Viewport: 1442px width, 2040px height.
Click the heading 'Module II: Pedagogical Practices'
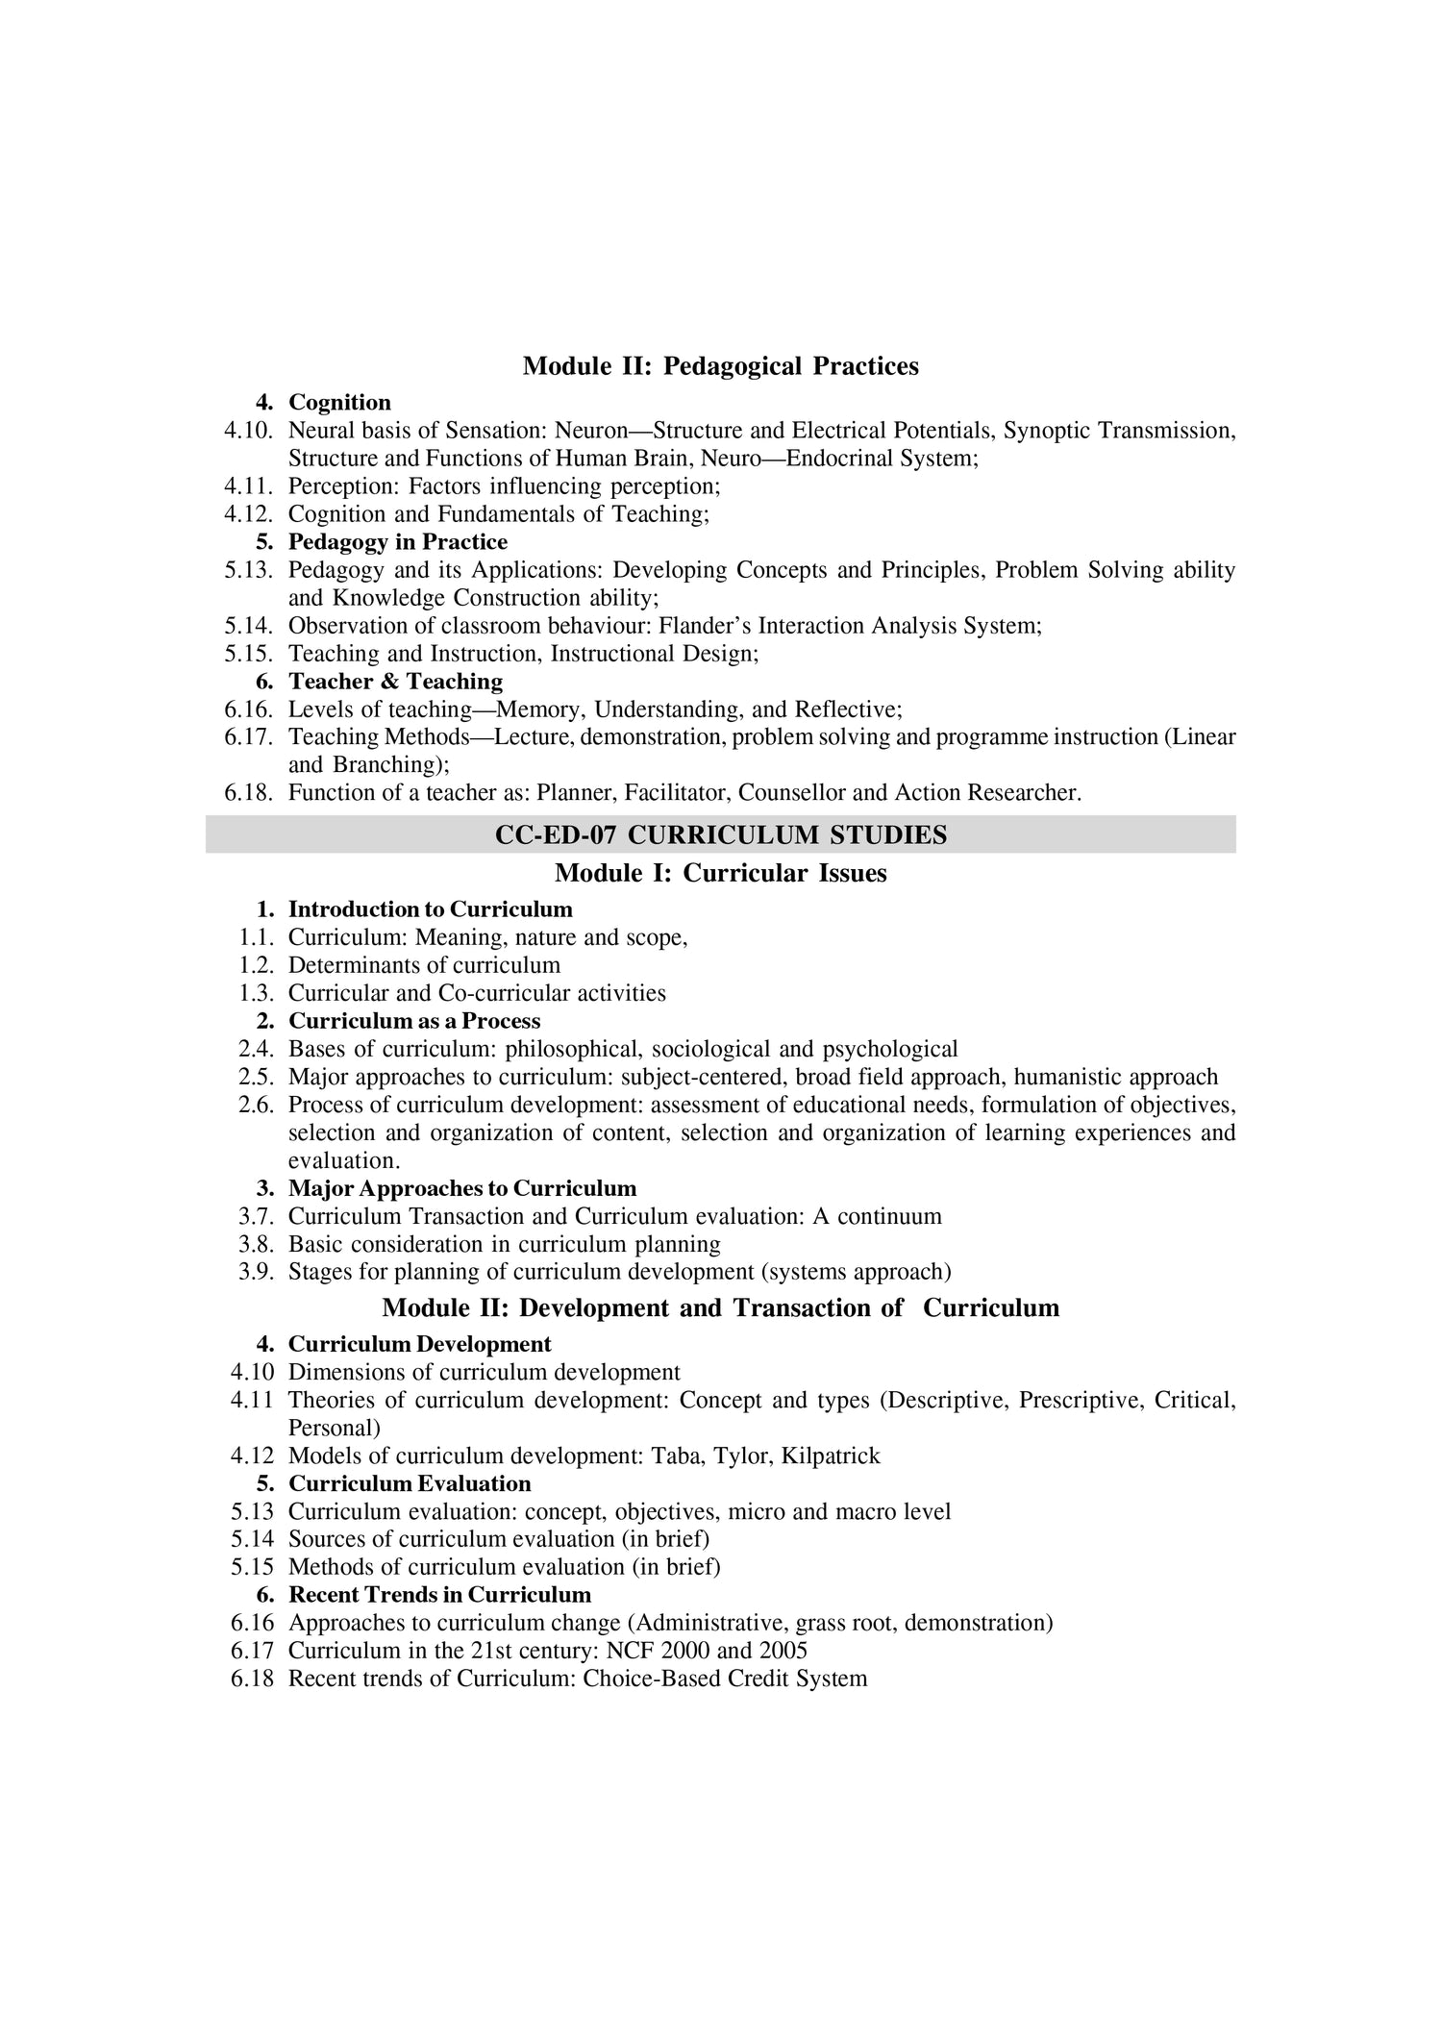click(x=720, y=366)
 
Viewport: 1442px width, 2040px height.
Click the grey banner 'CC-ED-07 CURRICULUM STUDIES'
click(x=720, y=834)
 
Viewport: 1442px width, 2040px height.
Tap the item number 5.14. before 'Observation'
click(x=249, y=626)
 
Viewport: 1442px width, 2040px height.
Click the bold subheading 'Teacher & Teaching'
click(x=395, y=682)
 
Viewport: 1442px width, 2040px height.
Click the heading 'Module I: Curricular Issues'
click(x=720, y=873)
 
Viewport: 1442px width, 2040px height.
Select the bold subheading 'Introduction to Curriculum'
click(x=430, y=909)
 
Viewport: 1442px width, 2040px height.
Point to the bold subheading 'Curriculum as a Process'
click(x=414, y=1020)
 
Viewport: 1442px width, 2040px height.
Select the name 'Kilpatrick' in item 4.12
click(x=831, y=1455)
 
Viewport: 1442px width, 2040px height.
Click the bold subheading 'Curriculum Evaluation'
click(x=410, y=1483)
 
